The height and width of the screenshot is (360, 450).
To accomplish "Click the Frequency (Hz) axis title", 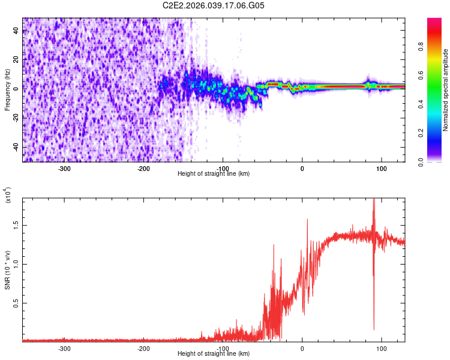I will [7, 90].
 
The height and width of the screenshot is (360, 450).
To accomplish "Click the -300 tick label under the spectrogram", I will [64, 169].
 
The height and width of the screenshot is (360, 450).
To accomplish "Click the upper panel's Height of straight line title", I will [214, 174].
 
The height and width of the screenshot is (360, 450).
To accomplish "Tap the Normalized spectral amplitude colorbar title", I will [445, 90].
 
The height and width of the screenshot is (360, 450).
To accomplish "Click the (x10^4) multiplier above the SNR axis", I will [8, 194].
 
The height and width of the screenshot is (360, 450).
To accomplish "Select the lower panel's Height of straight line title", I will [214, 354].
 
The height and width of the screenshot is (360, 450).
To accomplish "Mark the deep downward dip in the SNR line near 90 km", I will [374, 327].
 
